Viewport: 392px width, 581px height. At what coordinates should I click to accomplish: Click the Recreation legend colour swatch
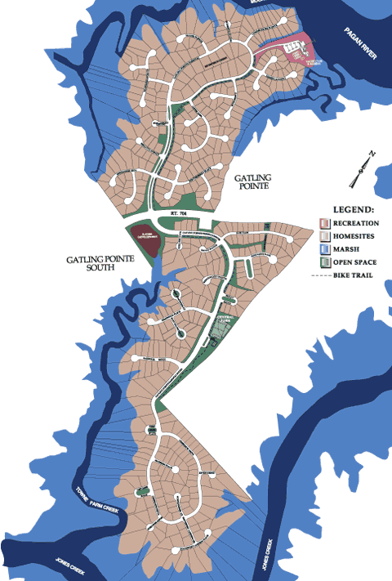(324, 223)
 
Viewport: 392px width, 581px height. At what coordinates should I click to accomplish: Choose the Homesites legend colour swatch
(324, 236)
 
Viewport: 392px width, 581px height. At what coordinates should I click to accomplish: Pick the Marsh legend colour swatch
(324, 249)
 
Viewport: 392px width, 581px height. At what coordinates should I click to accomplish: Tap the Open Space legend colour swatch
(324, 262)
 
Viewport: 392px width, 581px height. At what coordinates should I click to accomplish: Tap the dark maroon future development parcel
(145, 238)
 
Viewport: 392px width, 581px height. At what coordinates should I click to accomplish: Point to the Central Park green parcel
(219, 327)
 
